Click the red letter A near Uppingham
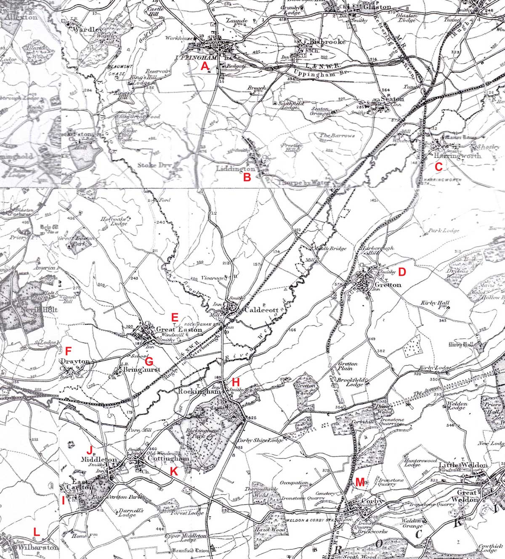pyautogui.click(x=205, y=66)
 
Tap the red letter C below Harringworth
pyautogui.click(x=438, y=167)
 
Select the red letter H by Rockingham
pyautogui.click(x=236, y=382)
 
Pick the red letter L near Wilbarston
pyautogui.click(x=37, y=532)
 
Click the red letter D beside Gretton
pyautogui.click(x=401, y=272)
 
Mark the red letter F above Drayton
pyautogui.click(x=69, y=350)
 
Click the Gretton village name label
pyautogui.click(x=388, y=285)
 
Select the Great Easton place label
pyautogui.click(x=179, y=330)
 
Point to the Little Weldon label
pyautogui.click(x=463, y=465)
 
